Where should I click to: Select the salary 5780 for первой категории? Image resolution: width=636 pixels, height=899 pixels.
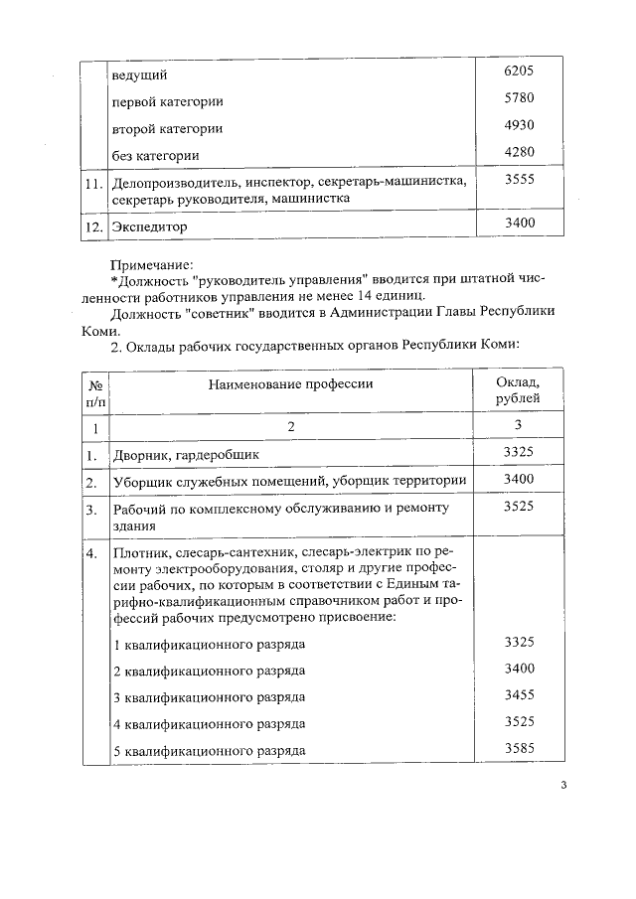point(520,99)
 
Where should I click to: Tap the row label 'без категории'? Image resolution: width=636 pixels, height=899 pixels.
point(156,156)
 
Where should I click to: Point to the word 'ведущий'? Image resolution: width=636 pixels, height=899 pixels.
point(140,75)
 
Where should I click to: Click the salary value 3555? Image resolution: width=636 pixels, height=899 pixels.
point(520,179)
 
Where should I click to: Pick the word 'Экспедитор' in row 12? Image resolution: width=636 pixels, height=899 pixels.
point(151,226)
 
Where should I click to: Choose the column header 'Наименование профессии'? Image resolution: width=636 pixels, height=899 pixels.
point(291,382)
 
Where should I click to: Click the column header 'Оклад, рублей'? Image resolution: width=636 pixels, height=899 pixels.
point(519,390)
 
